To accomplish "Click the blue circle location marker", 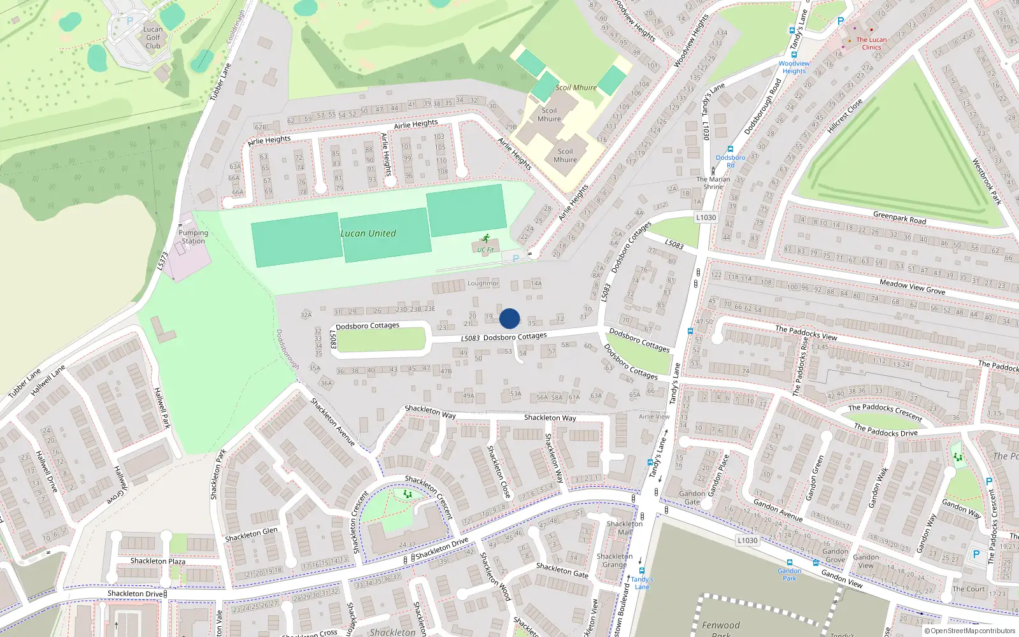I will [509, 318].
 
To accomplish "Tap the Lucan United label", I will [368, 234].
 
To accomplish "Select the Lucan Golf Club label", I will [153, 38].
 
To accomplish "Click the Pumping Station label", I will [193, 237].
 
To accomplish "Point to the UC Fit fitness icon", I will [486, 238].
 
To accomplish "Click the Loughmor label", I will [483, 283].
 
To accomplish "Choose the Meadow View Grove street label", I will [912, 287].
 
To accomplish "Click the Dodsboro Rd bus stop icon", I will [730, 149].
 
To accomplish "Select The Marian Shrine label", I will [713, 183].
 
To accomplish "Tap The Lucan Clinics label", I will [871, 43].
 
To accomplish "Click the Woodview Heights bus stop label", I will [794, 67].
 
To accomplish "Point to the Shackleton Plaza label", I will [158, 561].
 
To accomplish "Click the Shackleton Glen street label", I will [252, 534].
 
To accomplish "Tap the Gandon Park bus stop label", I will [790, 574].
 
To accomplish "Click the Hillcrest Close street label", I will [844, 116].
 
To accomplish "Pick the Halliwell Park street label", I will [162, 408].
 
